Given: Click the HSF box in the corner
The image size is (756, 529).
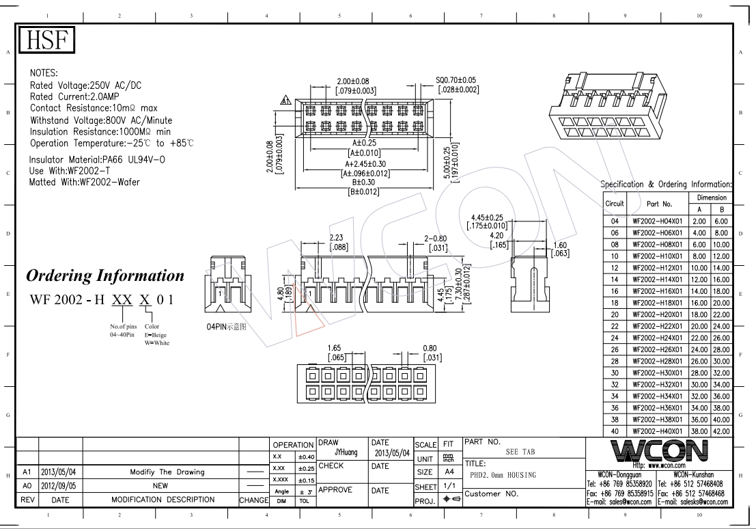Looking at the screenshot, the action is (46, 40).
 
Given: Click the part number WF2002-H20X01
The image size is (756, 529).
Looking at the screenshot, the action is (657, 314).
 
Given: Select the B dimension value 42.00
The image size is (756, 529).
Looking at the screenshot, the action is (721, 431).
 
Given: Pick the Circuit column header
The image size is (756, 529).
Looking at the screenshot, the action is (614, 204).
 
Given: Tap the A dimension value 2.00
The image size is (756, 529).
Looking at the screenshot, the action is (699, 221).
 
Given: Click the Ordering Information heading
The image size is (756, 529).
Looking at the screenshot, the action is (105, 275).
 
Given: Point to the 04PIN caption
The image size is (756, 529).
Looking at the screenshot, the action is (226, 327).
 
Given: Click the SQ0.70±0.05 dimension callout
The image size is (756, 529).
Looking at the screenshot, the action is (456, 80).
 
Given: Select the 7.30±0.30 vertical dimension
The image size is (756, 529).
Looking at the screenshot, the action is (459, 284).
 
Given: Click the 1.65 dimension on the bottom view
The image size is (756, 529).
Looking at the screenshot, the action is (334, 348).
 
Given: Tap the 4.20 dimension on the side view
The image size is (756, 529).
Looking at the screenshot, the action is (496, 236).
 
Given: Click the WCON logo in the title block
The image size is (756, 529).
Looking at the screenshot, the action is (658, 451).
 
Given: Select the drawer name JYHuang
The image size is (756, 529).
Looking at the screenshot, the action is (346, 452).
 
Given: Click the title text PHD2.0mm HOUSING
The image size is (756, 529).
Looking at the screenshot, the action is (503, 476).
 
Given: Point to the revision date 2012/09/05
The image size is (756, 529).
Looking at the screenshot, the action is (58, 485).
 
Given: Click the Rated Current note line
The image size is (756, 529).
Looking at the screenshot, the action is (74, 96).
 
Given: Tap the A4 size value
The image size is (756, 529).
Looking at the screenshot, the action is (449, 472).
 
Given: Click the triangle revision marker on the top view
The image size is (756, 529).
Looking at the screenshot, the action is (286, 100).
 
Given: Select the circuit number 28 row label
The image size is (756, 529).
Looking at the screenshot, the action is (614, 362).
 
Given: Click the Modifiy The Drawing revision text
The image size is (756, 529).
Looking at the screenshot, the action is (167, 472).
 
